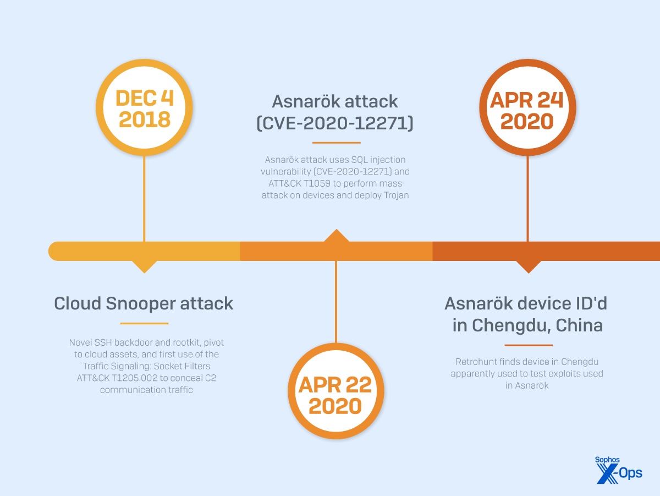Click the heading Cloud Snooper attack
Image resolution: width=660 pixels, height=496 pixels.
click(x=144, y=303)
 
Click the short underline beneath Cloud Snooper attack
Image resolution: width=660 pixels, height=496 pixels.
click(x=144, y=323)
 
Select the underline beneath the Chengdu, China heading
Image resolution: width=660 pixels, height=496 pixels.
click(x=528, y=346)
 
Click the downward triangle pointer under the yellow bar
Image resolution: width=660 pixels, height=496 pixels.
click(x=145, y=267)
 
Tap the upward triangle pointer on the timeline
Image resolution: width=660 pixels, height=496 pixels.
click(x=336, y=236)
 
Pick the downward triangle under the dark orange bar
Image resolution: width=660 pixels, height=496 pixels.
click(x=528, y=267)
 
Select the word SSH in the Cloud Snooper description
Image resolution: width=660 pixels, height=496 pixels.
click(x=97, y=342)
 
